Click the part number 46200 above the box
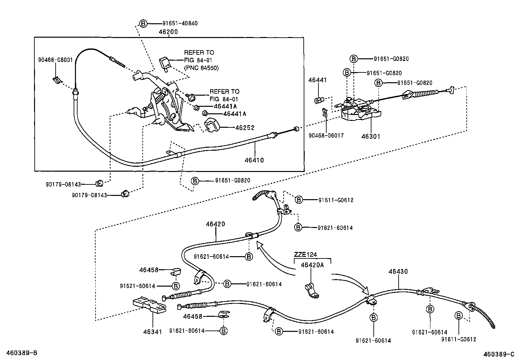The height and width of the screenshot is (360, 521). pos(168,32)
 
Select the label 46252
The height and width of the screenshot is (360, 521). pos(245,128)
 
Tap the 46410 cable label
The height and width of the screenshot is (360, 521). pos(254,160)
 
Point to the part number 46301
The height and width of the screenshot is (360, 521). pos(371,136)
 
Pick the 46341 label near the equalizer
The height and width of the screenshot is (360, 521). pos(153,332)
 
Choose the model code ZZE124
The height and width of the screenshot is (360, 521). pos(305,254)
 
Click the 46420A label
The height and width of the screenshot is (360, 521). pos(312,265)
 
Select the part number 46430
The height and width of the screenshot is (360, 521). pos(398,272)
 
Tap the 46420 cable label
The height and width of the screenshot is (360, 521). pos(215,224)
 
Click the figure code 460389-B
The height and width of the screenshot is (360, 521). pos(22,353)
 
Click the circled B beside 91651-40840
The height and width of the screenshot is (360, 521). pos(143,24)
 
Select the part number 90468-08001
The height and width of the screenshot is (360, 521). pos(55,60)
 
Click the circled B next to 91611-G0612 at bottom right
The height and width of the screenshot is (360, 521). pos(459,315)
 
